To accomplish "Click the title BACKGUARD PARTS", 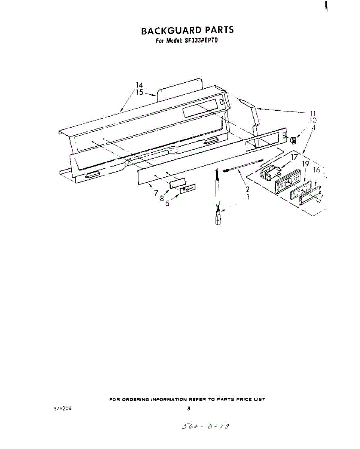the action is [x=187, y=30].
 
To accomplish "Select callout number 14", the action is [x=139, y=85].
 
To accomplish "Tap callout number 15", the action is [x=139, y=92].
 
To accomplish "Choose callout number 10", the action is [x=313, y=120].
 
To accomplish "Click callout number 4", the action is [x=313, y=128].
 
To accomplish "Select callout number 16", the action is [x=317, y=170].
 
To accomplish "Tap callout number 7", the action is [x=156, y=193].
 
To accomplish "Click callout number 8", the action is [x=162, y=199].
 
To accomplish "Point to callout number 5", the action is [x=168, y=204].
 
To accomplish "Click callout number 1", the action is [x=247, y=197].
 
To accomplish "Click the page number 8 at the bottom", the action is [x=189, y=409].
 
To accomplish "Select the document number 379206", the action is [x=62, y=408].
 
